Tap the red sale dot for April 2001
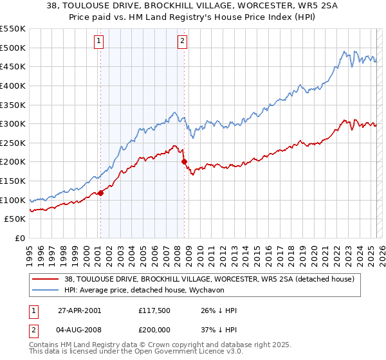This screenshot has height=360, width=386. (x=100, y=193)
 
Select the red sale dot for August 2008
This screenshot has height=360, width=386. (x=184, y=161)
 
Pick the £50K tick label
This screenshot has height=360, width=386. (x=15, y=219)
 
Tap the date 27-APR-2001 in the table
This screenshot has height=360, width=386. (x=79, y=310)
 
